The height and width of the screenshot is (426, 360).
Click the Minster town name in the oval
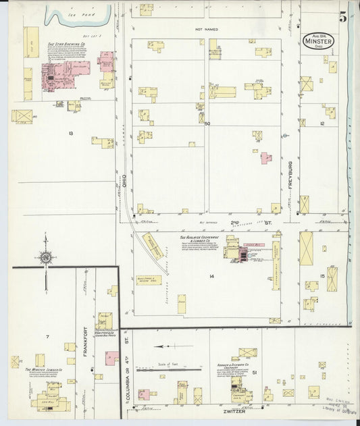pos(318,42)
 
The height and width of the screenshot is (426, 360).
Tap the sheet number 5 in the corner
pos(343,17)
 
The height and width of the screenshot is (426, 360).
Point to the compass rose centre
pos(45,257)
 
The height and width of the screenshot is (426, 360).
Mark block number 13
pos(70,133)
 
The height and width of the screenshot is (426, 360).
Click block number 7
pos(47,336)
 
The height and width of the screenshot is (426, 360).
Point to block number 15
pos(322,275)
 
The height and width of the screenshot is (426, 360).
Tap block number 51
pos(254,372)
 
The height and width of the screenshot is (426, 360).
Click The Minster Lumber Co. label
pos(44,370)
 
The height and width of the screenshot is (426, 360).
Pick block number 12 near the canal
pos(322,124)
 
